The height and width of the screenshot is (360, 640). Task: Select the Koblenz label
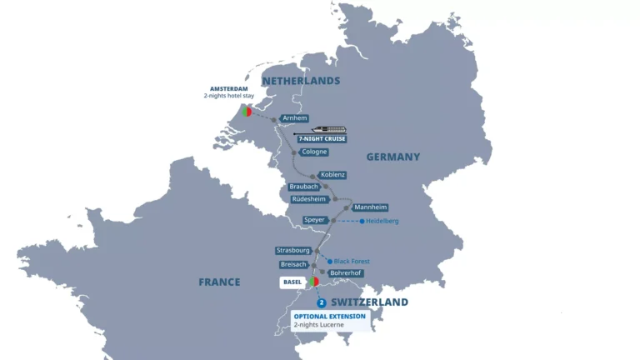click(x=332, y=175)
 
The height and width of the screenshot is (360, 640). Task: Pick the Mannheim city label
click(x=369, y=207)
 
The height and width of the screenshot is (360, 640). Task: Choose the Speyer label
click(x=314, y=221)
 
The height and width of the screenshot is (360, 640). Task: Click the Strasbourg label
click(x=294, y=250)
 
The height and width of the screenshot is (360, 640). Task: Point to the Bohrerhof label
click(x=344, y=272)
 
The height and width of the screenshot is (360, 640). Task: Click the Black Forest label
click(x=351, y=261)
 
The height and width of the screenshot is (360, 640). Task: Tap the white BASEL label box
click(x=292, y=282)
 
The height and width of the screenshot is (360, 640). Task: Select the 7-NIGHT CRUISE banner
click(x=322, y=138)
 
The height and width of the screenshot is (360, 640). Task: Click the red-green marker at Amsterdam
click(x=247, y=111)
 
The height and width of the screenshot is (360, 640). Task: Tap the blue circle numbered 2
click(x=322, y=302)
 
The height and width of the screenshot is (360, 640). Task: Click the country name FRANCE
click(x=219, y=282)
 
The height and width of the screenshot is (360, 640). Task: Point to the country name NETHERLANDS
click(x=301, y=81)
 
